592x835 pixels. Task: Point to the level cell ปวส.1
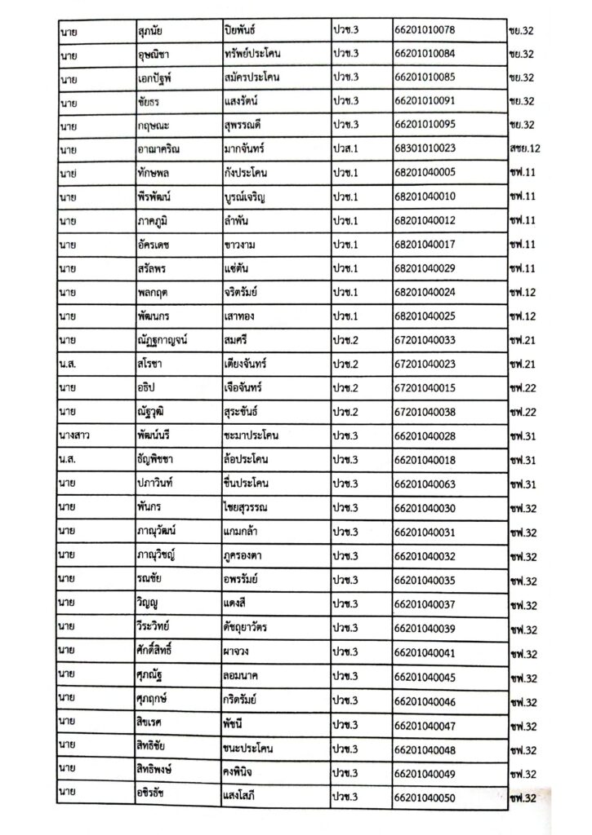(x=346, y=149)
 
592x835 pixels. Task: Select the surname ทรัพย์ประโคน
(x=261, y=55)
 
